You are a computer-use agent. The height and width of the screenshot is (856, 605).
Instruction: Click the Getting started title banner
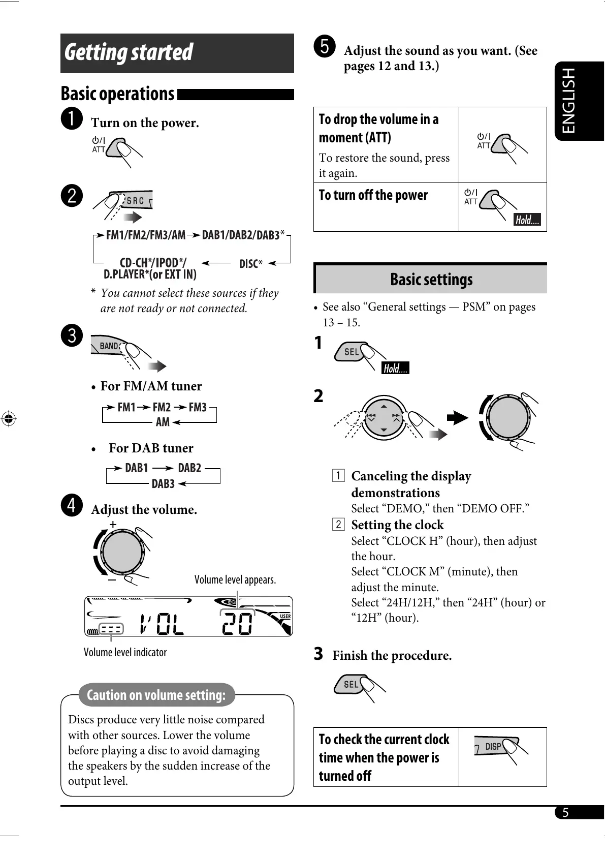(x=177, y=53)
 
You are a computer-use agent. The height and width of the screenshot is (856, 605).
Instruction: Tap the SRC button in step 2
(x=135, y=200)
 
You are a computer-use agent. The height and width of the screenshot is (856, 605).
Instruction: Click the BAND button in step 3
(x=109, y=346)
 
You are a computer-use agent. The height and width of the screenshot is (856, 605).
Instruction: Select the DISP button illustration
(x=493, y=746)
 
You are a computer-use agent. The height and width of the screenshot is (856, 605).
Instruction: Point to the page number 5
(x=565, y=812)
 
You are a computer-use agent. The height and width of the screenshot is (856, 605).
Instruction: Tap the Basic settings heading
(x=431, y=279)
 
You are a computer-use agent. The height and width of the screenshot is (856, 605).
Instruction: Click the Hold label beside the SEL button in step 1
(x=395, y=368)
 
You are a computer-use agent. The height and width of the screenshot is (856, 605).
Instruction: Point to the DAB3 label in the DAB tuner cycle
(x=163, y=484)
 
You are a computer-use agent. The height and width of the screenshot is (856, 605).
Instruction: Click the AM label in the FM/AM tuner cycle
(x=163, y=422)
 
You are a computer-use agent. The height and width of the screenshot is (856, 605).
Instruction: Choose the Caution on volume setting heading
(x=156, y=695)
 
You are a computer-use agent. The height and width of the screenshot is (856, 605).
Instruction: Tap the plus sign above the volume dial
(x=113, y=524)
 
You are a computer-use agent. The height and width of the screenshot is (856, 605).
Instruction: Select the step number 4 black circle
(x=72, y=505)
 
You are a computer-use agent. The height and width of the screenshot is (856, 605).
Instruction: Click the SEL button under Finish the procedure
(x=351, y=685)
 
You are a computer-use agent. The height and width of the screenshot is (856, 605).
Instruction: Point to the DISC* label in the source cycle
(x=251, y=264)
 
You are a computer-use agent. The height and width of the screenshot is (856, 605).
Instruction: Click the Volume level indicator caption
(x=125, y=652)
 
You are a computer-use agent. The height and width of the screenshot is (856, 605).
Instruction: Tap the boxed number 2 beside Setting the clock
(x=338, y=524)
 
